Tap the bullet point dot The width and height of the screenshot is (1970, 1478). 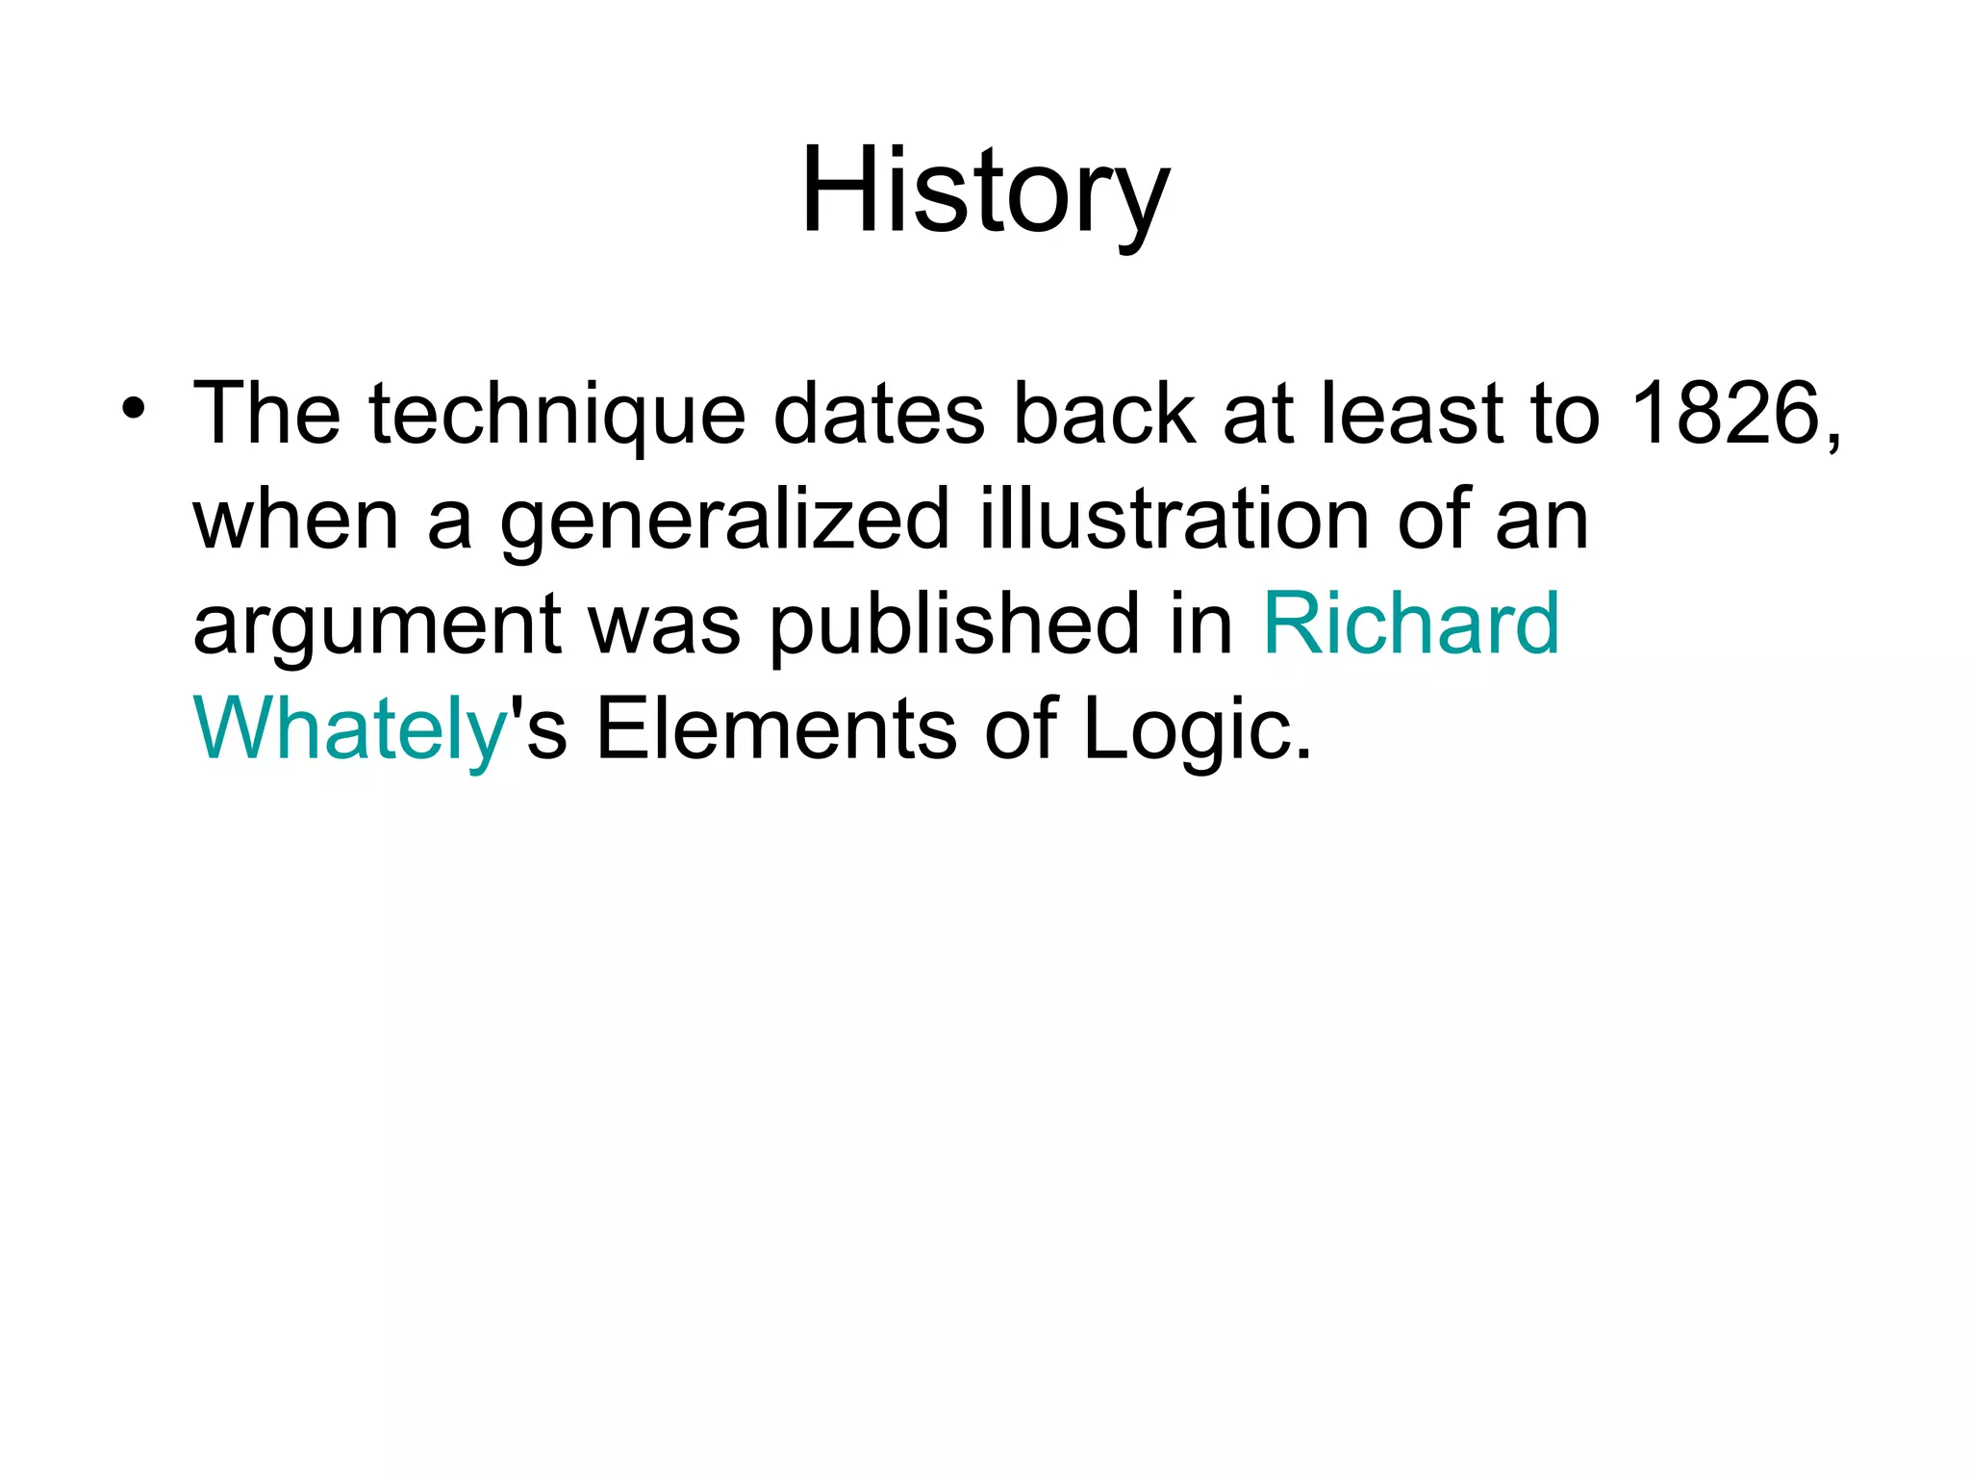[x=134, y=409]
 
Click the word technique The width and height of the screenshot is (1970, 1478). [x=557, y=416]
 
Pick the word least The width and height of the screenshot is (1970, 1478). [x=1411, y=414]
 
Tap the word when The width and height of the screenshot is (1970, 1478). [x=295, y=520]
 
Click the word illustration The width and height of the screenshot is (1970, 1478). [x=1174, y=520]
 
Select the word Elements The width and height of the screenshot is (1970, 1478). [x=776, y=729]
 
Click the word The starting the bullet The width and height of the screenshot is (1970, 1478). [x=266, y=414]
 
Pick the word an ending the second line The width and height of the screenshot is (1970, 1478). [x=1541, y=522]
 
